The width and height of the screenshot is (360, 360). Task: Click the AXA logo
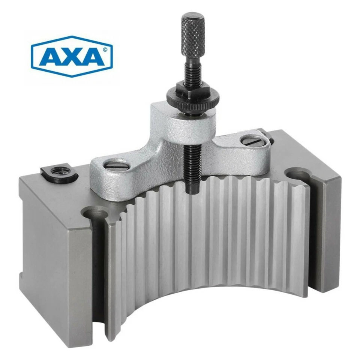[72, 56]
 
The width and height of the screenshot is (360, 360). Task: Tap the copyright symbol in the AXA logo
[105, 49]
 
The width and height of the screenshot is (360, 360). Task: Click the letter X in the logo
[72, 57]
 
